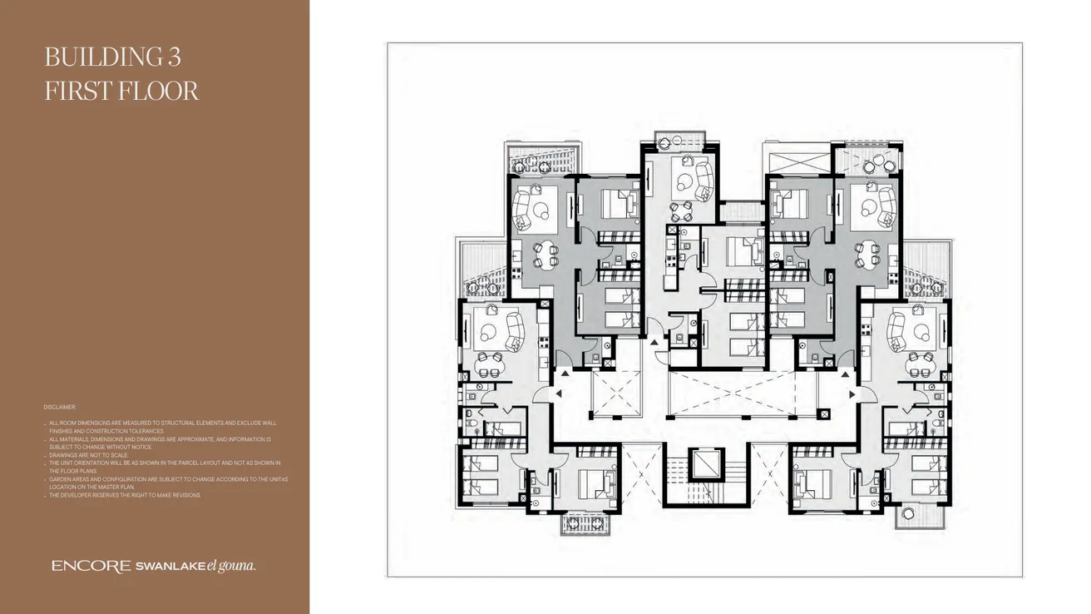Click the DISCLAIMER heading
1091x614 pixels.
coord(60,407)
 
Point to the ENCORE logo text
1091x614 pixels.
coord(91,566)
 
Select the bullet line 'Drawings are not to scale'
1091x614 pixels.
coord(88,455)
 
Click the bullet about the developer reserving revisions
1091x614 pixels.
coord(125,495)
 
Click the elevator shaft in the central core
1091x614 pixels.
coord(708,463)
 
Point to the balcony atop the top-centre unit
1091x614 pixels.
coord(679,140)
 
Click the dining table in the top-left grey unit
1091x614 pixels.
coord(545,252)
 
